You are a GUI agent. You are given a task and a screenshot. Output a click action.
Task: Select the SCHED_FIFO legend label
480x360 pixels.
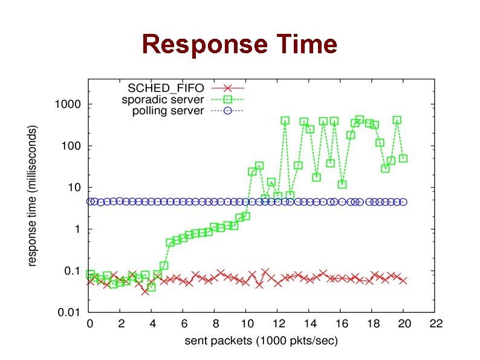(x=166, y=88)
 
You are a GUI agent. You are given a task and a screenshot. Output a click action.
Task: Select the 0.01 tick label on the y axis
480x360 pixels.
(x=69, y=313)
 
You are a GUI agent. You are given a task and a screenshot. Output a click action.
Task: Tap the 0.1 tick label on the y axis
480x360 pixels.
(x=71, y=271)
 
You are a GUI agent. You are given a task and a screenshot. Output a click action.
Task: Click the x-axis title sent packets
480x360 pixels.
(x=261, y=341)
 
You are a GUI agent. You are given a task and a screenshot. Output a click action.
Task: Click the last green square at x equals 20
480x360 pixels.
(x=403, y=159)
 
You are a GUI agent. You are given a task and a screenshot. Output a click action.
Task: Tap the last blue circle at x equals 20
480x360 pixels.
(x=403, y=202)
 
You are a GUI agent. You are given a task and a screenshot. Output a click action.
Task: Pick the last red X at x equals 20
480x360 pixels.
(x=403, y=281)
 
